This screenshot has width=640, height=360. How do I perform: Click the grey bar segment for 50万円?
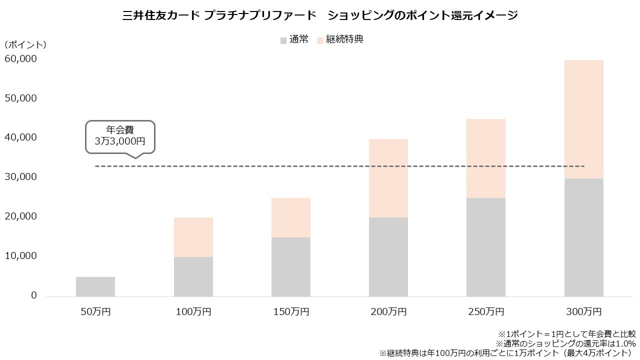95,286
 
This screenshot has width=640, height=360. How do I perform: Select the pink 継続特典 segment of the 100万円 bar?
193,237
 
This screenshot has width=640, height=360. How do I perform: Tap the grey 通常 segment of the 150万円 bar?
291,266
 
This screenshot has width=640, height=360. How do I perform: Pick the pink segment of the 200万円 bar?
388,178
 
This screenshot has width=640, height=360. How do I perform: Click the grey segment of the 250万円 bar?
486,247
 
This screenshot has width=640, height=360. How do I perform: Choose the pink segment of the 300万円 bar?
583,119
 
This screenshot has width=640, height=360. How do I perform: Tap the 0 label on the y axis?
34,295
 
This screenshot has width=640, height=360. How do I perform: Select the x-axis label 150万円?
291,312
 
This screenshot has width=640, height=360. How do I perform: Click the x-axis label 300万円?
583,312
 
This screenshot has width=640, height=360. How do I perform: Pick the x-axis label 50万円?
95,312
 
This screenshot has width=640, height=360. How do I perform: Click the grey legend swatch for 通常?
283,40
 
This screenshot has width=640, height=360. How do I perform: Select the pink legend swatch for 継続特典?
320,40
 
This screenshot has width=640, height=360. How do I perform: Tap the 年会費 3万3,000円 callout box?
120,135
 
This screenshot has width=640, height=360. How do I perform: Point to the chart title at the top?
320,15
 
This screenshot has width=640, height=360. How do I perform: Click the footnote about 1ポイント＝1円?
566,333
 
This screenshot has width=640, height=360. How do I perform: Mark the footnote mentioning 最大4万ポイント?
507,353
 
